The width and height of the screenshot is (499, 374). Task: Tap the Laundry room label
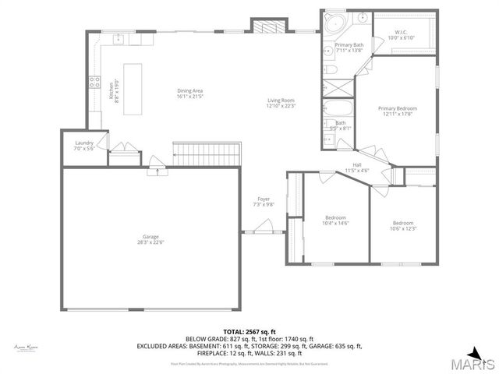[x=84, y=143]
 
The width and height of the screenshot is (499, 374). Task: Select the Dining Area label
[x=189, y=91]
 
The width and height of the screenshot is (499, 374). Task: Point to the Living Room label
[x=281, y=100]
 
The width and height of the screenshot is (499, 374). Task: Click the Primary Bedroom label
[x=398, y=108]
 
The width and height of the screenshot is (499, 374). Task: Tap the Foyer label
[x=264, y=199]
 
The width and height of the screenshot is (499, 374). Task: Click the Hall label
[x=356, y=164]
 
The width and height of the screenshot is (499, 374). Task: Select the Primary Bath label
[x=349, y=45]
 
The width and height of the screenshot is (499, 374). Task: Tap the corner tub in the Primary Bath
[x=335, y=23]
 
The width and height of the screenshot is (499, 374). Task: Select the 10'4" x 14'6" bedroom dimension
[x=335, y=223]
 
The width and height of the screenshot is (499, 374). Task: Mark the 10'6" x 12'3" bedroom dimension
[x=404, y=228]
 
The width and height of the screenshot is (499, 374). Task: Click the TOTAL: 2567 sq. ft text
[x=249, y=331]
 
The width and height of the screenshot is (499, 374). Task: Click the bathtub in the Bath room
[x=338, y=108]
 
